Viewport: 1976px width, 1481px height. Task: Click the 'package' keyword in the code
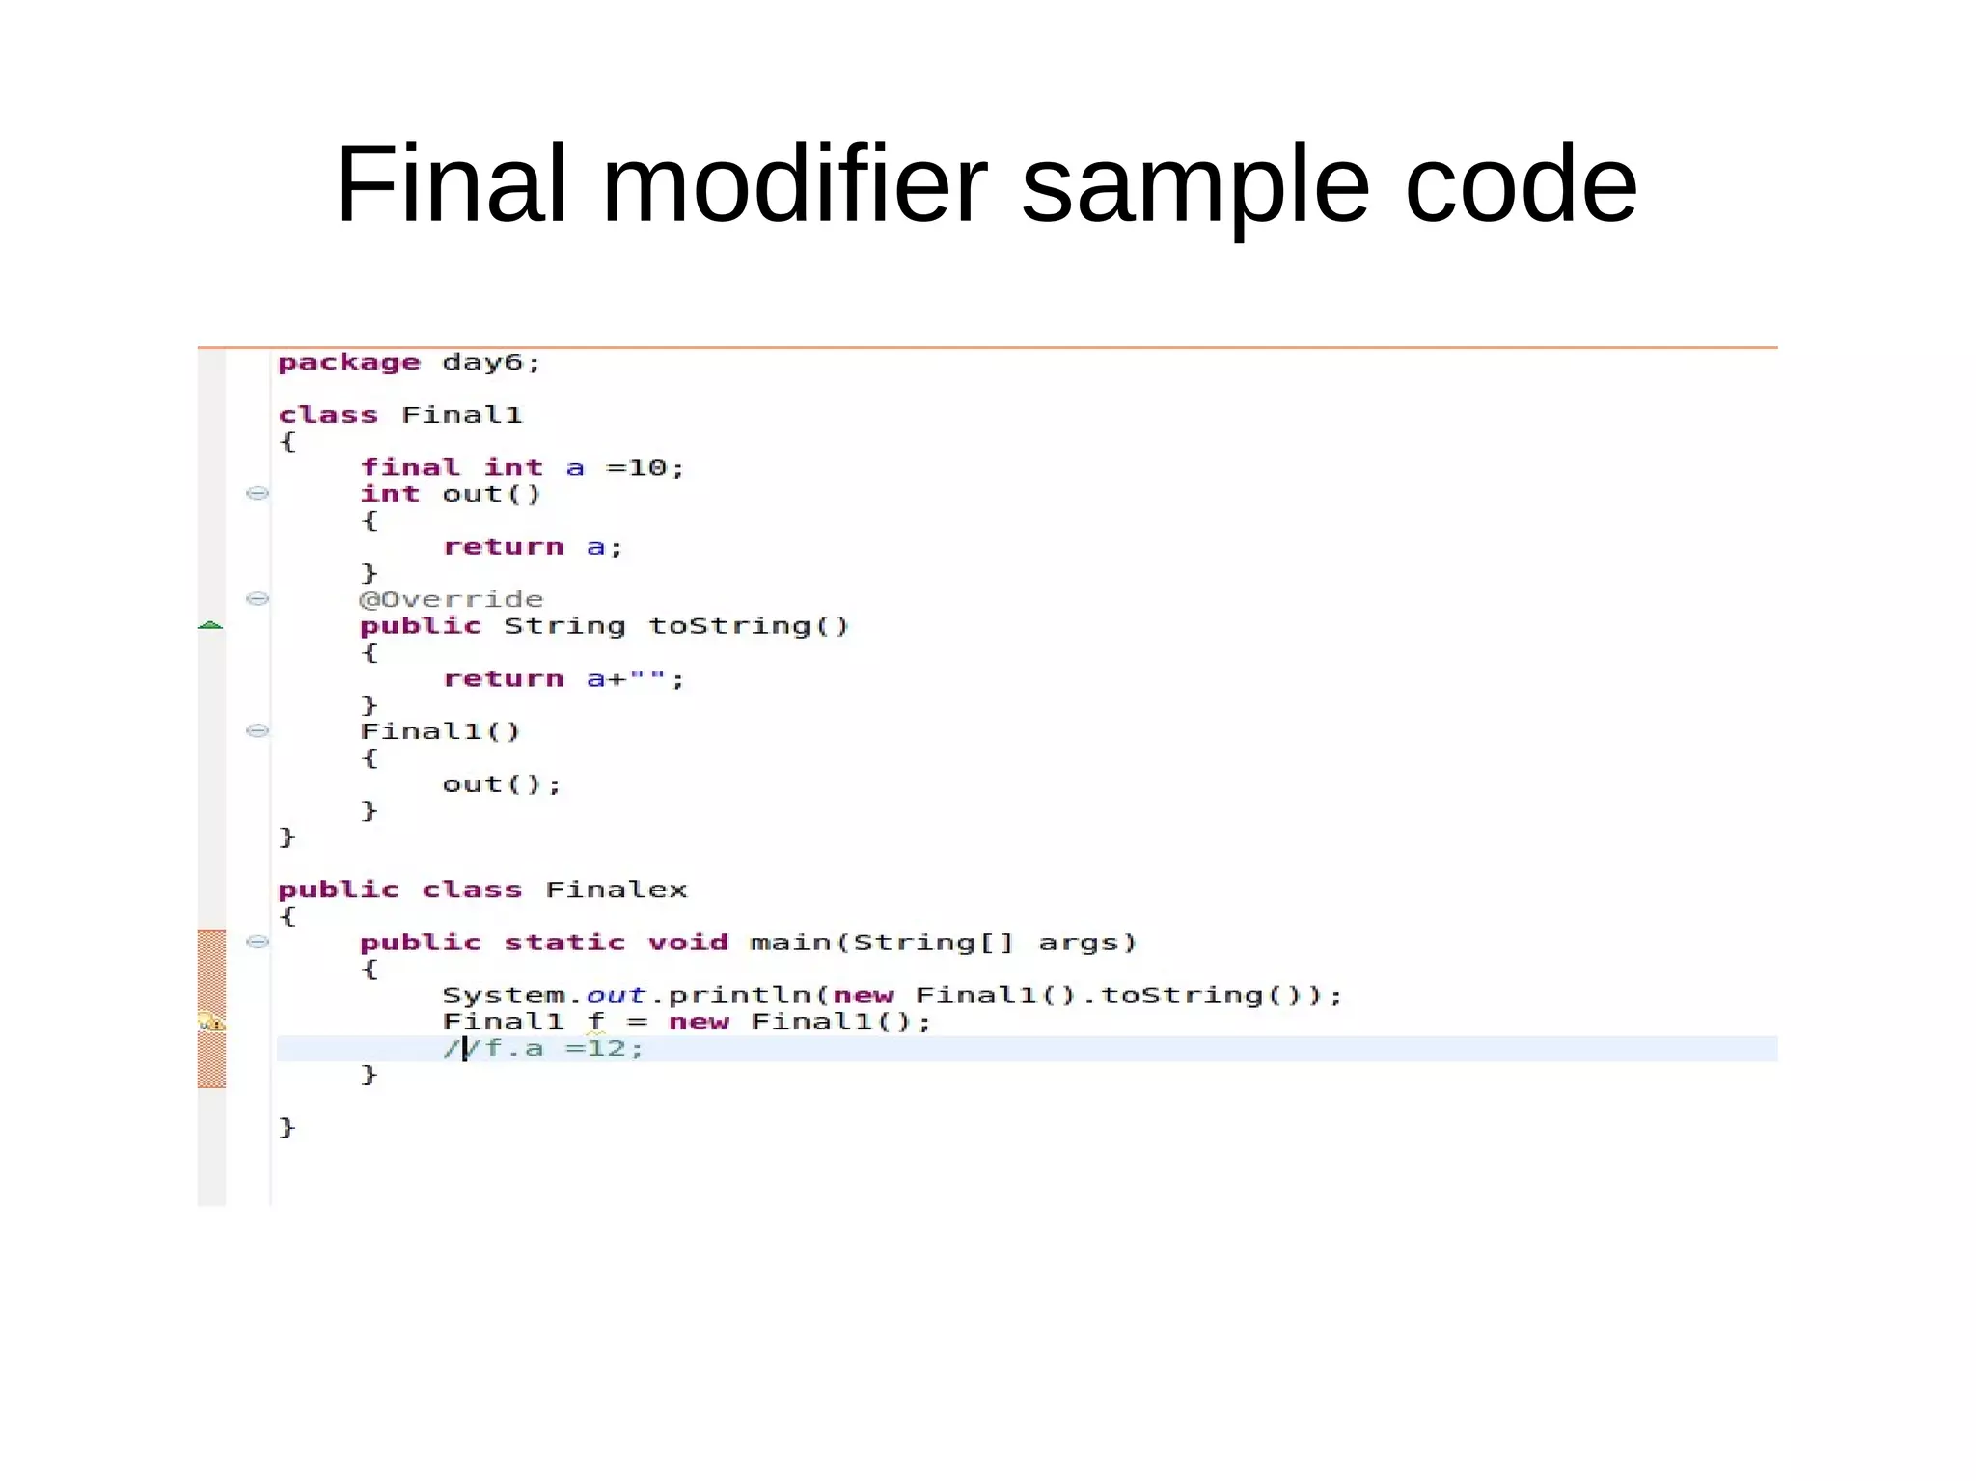tap(349, 363)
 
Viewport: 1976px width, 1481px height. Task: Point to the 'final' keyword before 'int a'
tap(410, 468)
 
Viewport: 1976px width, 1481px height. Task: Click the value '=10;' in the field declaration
tap(645, 468)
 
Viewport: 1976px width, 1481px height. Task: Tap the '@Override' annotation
tap(452, 599)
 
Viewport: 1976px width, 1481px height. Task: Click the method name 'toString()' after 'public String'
tap(749, 626)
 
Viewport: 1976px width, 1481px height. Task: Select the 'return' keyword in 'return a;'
tap(503, 547)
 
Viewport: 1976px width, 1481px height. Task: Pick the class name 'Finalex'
tap(617, 890)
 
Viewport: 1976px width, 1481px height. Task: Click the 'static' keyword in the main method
tap(564, 943)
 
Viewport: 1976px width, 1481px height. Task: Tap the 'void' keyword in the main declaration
tap(688, 943)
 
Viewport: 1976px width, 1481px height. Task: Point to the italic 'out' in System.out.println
tap(616, 995)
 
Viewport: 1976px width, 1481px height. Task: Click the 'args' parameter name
tap(1086, 943)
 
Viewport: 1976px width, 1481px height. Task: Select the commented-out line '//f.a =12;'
tap(543, 1048)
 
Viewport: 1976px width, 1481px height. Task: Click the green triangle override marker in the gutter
tap(210, 626)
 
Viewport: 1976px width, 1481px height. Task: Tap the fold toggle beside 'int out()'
tap(258, 494)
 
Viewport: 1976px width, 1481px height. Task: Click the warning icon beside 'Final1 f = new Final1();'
tap(210, 1022)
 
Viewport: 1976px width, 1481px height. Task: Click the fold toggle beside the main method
tap(258, 943)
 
